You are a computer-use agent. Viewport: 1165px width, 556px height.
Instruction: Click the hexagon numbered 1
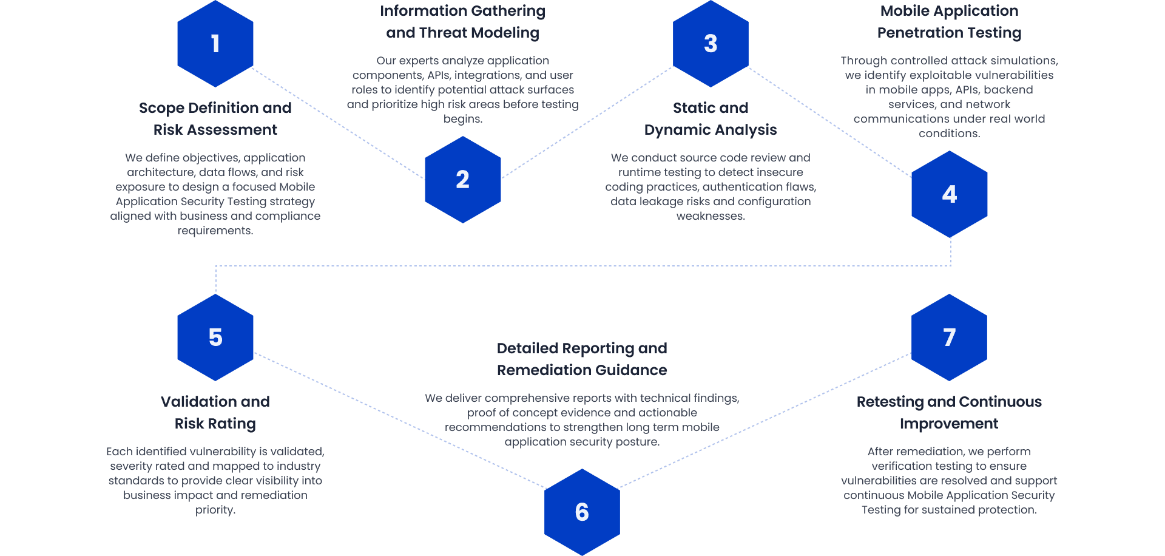click(215, 44)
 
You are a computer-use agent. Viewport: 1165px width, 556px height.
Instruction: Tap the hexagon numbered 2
click(462, 180)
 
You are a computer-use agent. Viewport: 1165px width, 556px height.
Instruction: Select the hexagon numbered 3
click(711, 44)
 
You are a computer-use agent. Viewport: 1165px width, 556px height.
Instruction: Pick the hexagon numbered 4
click(949, 194)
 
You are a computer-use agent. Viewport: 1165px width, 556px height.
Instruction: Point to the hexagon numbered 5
click(215, 337)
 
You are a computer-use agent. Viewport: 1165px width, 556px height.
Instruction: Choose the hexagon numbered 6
click(582, 512)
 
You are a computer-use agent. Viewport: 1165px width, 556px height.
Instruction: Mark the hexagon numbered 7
click(949, 337)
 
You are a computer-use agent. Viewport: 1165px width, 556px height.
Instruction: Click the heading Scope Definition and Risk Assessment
click(215, 119)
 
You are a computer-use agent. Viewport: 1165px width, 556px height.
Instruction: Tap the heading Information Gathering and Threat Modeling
click(462, 22)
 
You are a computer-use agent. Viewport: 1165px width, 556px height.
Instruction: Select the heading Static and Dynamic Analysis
click(711, 119)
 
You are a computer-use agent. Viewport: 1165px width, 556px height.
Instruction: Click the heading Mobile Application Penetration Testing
click(949, 22)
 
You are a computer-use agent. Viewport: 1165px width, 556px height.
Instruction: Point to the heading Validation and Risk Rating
click(215, 413)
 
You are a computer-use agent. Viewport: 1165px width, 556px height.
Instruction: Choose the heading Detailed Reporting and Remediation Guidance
click(582, 359)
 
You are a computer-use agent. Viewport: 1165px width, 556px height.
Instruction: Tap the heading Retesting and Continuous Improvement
click(949, 413)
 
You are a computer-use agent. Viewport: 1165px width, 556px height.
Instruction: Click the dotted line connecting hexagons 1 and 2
click(339, 124)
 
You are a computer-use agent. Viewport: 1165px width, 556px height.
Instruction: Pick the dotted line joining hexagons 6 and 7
click(765, 421)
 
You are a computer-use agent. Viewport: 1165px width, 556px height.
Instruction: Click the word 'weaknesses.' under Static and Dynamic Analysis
click(711, 216)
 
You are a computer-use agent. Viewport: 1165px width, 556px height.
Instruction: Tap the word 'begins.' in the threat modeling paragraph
click(462, 119)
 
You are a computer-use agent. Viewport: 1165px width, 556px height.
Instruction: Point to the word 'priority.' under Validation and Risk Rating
click(215, 510)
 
